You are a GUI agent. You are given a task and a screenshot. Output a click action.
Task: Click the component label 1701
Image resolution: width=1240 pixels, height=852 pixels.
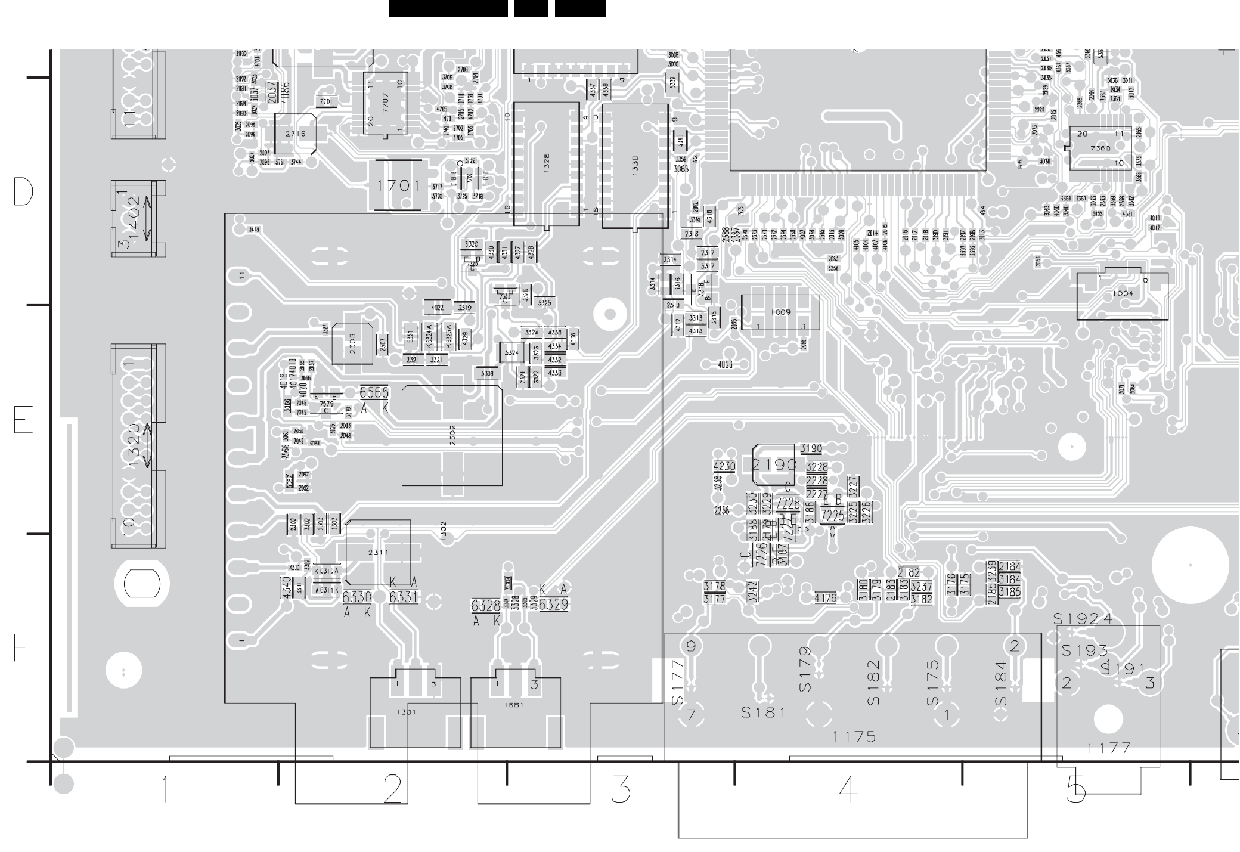coord(398,186)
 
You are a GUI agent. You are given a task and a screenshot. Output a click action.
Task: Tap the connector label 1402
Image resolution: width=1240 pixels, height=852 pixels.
coord(132,218)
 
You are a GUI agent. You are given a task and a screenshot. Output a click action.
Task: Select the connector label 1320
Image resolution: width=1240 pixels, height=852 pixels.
coord(132,445)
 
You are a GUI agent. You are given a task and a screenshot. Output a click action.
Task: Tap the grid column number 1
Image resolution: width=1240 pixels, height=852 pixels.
coord(165,789)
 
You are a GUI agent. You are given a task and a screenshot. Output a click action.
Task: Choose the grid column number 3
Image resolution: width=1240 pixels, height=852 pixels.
coord(621,789)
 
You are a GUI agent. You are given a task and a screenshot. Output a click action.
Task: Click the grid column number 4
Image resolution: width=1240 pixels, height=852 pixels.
coord(848,789)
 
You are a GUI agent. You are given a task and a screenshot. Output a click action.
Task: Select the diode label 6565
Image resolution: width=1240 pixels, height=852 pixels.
coord(374,393)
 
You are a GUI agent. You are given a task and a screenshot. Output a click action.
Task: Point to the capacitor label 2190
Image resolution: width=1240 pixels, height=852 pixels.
coord(774,464)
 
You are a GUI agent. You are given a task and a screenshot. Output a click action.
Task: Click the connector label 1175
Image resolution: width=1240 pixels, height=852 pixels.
coord(854,737)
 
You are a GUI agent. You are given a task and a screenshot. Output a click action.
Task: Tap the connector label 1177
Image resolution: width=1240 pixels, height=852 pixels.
coord(1109,748)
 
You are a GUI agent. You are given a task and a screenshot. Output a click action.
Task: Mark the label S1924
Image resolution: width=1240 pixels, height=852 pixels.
coord(1083,619)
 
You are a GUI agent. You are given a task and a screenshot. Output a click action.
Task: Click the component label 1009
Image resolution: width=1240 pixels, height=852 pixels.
coord(780,312)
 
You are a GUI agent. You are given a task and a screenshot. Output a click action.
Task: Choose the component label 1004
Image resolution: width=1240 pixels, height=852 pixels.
coord(1123,293)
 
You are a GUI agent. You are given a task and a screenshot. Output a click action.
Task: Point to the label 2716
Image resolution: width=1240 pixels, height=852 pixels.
coord(295,134)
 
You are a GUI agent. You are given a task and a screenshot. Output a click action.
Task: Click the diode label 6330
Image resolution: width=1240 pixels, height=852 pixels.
coord(357,597)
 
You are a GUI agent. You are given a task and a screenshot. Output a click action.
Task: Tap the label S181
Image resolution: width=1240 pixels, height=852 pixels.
coord(764,712)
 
